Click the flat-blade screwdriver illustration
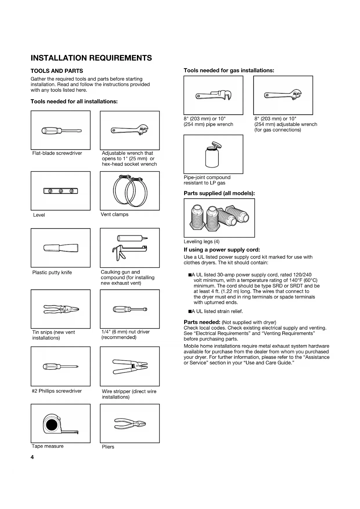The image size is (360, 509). pyautogui.click(x=61, y=131)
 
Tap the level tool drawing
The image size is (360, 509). pyautogui.click(x=61, y=191)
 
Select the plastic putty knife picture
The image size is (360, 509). pyautogui.click(x=61, y=248)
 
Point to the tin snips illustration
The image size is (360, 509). pyautogui.click(x=61, y=309)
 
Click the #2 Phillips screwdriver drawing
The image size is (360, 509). pyautogui.click(x=60, y=367)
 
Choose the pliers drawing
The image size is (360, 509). pyautogui.click(x=130, y=424)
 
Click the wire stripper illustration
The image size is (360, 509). pyautogui.click(x=130, y=367)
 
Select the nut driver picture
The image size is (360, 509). pyautogui.click(x=130, y=309)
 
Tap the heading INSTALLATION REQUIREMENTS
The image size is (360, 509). pyautogui.click(x=91, y=58)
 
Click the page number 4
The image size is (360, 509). pyautogui.click(x=32, y=457)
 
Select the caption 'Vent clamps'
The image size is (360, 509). pyautogui.click(x=115, y=214)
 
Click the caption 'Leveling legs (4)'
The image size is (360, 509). pyautogui.click(x=202, y=241)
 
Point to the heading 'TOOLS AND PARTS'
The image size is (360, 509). pyautogui.click(x=57, y=71)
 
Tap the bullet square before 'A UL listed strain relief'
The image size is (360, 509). pyautogui.click(x=190, y=311)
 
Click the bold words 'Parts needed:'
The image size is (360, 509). pyautogui.click(x=202, y=322)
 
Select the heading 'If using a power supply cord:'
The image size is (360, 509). pyautogui.click(x=222, y=250)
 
